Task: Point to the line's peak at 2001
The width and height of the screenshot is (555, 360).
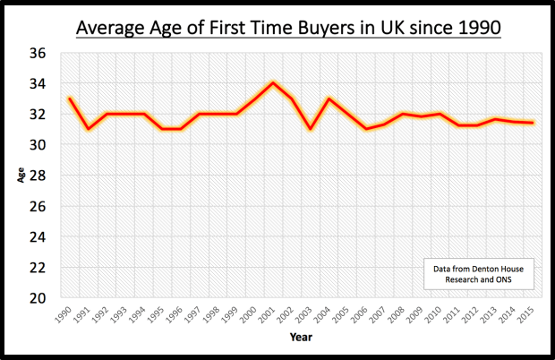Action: [273, 83]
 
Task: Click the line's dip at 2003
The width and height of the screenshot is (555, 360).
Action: [311, 129]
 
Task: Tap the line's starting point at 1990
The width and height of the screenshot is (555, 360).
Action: [69, 99]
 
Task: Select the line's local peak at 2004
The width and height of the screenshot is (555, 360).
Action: [329, 99]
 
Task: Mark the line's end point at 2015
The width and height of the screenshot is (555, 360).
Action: [533, 123]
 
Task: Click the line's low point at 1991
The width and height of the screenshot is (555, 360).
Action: [88, 129]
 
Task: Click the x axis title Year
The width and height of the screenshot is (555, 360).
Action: [301, 338]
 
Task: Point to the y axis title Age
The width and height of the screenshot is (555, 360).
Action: [20, 176]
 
